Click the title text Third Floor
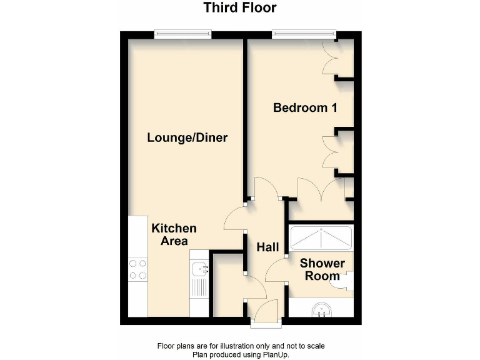click(x=240, y=8)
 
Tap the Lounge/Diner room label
click(x=187, y=137)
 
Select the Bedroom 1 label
click(x=305, y=107)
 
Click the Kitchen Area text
click(x=174, y=234)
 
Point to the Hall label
click(x=267, y=247)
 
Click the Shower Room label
click(x=322, y=269)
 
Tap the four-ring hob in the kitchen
click(x=137, y=269)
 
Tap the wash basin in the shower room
click(x=321, y=309)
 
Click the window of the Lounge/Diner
click(x=182, y=35)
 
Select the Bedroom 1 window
click(x=304, y=35)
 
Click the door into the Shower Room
click(x=275, y=270)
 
